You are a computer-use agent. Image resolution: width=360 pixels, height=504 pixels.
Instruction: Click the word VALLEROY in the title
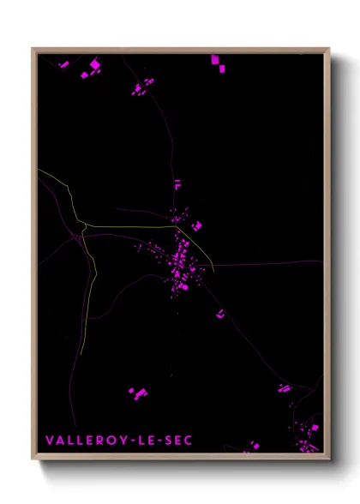pyautogui.click(x=83, y=441)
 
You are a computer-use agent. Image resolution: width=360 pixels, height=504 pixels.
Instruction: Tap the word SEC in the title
pyautogui.click(x=177, y=441)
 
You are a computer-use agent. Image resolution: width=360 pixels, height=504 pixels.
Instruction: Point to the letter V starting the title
pyautogui.click(x=49, y=441)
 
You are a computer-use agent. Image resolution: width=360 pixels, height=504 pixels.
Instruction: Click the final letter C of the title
pyautogui.click(x=189, y=441)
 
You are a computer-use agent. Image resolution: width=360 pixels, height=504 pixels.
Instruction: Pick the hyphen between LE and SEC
pyautogui.click(x=159, y=441)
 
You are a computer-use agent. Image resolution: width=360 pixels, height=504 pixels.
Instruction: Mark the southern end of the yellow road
pyautogui.click(x=81, y=353)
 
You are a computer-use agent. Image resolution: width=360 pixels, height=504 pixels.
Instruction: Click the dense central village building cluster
pyautogui.click(x=181, y=261)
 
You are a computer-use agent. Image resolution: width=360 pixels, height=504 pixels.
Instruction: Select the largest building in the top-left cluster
pyautogui.click(x=95, y=64)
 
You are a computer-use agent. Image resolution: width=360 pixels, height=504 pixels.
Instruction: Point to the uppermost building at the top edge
pyautogui.click(x=215, y=59)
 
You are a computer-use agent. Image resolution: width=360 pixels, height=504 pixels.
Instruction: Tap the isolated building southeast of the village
pyautogui.click(x=220, y=314)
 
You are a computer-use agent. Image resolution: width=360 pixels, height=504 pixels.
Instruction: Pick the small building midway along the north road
pyautogui.click(x=177, y=183)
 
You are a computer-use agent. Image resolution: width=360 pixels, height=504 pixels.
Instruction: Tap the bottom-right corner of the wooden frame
pyautogui.click(x=328, y=457)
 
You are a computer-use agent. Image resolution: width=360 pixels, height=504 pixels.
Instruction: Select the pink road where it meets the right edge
pyautogui.click(x=321, y=261)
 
